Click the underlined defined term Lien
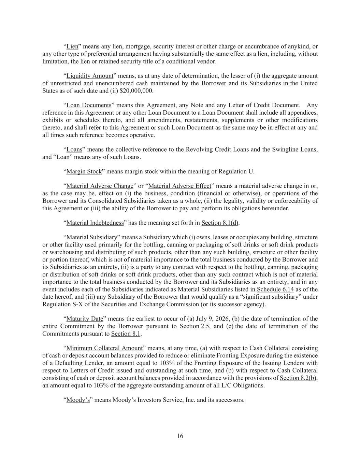coord(72,46)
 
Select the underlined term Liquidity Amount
coord(89,76)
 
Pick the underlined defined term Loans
coord(74,150)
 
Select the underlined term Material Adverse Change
coord(99,186)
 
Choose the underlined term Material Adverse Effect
coord(180,186)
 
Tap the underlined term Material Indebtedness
coord(95,223)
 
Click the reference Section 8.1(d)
coord(220,223)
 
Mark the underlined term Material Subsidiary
coord(91,237)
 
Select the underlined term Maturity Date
coord(85,319)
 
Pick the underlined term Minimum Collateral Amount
coord(104,348)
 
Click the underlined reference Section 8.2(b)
coord(298,378)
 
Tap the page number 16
coord(180,436)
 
